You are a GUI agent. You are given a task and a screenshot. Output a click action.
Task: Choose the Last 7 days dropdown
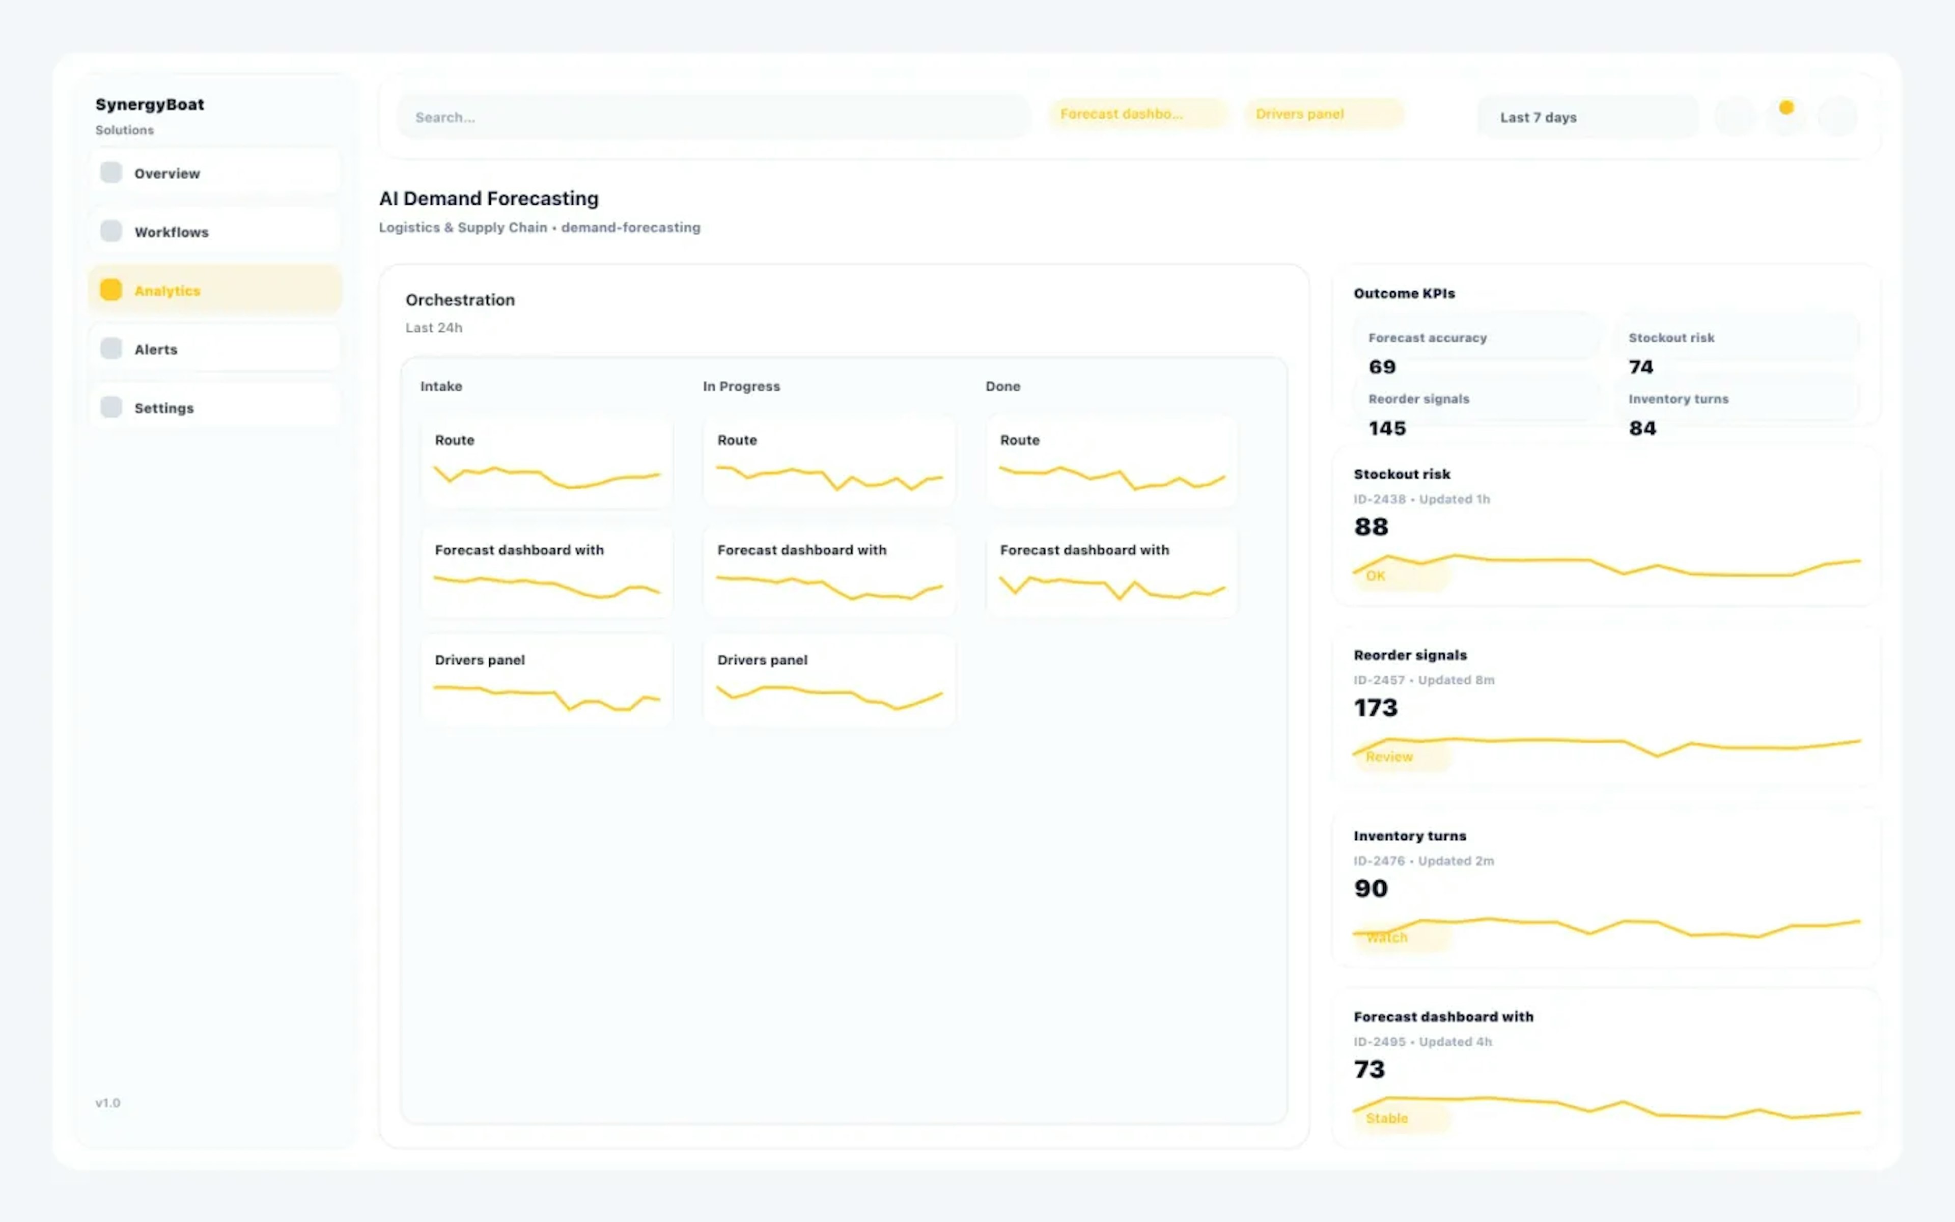click(x=1586, y=117)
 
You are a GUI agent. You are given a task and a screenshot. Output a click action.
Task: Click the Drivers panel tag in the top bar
click(x=1323, y=114)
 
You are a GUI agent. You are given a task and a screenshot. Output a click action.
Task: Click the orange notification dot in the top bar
click(x=1786, y=107)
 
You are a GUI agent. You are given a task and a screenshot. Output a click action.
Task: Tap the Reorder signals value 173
click(x=1376, y=708)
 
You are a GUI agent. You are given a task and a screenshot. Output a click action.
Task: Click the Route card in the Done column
click(x=1111, y=462)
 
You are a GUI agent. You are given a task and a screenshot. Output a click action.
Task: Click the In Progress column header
click(x=741, y=386)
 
